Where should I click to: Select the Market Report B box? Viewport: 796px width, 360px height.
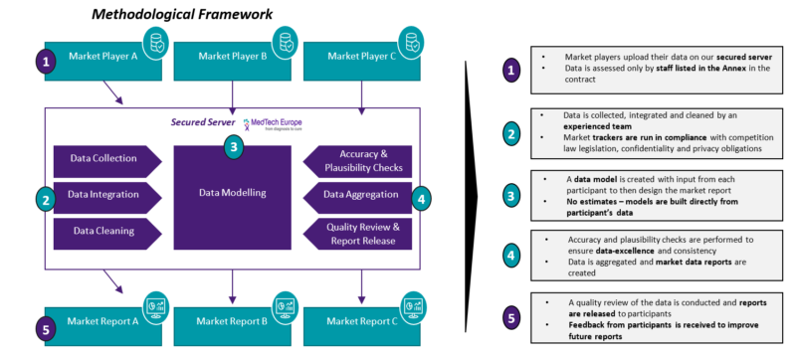(232, 320)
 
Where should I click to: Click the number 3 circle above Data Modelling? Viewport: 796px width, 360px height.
(232, 146)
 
